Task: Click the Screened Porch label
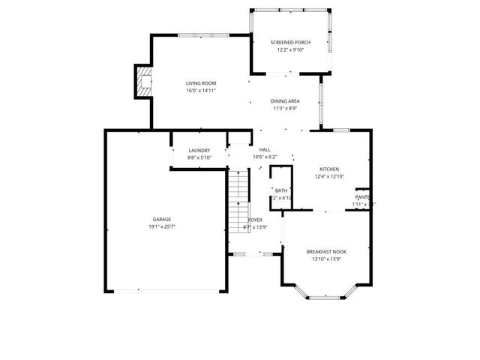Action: [x=290, y=43]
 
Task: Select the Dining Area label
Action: [x=285, y=100]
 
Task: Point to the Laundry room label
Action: [x=199, y=151]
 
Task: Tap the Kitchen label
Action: [x=329, y=169]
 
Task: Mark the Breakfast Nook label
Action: [x=326, y=251]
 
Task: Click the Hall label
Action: [x=265, y=150]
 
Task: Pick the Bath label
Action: [x=281, y=190]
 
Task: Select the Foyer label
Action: [x=255, y=220]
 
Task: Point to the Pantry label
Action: [x=363, y=196]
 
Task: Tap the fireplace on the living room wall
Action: [x=142, y=81]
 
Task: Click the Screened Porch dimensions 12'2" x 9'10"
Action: [x=290, y=50]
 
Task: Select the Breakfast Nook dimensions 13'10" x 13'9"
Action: [x=326, y=259]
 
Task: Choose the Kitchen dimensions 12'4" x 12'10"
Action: [x=329, y=177]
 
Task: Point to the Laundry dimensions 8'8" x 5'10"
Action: [x=199, y=158]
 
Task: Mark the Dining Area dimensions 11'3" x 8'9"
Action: [x=285, y=108]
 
